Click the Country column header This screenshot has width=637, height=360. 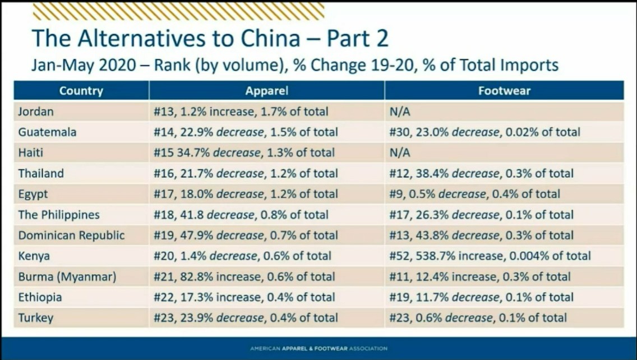[x=81, y=91]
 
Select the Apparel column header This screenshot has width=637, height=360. [x=266, y=91]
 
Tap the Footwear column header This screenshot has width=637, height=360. [x=504, y=91]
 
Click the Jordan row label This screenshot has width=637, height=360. [x=36, y=112]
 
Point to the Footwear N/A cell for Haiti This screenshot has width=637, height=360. [x=400, y=153]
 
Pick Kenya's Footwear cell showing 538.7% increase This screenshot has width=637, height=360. [x=490, y=256]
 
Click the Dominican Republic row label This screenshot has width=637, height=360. [x=71, y=236]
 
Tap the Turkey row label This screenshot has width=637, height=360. [x=35, y=318]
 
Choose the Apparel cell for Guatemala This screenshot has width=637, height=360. [x=245, y=132]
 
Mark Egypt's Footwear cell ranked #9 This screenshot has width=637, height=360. [x=474, y=195]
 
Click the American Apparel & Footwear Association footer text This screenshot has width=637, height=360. [x=318, y=349]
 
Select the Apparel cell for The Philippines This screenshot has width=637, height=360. [x=241, y=215]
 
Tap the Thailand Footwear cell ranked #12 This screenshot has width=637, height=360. [x=481, y=174]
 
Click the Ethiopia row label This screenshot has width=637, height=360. [x=40, y=297]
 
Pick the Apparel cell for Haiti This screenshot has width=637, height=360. [x=243, y=153]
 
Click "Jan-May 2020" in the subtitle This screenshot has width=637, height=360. [x=84, y=65]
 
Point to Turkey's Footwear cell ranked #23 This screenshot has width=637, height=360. [x=478, y=318]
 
